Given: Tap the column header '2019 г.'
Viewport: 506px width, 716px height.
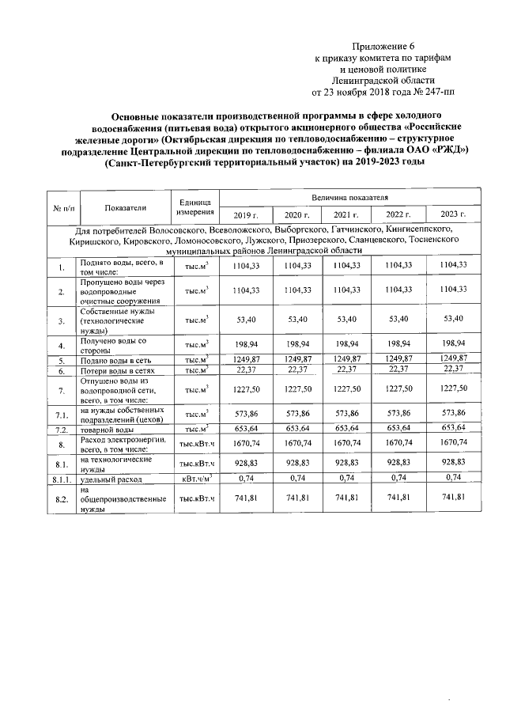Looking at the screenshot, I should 246,214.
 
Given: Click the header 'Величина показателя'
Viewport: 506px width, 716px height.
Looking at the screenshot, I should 349,195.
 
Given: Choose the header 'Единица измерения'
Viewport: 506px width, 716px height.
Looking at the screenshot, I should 194,207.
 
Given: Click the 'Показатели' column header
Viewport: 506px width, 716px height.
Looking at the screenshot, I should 124,207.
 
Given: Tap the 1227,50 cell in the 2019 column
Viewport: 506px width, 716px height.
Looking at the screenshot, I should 246,388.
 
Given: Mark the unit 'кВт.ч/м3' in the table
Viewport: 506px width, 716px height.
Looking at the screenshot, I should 195,478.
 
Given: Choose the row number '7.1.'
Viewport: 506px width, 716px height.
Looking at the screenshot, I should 60,415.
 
